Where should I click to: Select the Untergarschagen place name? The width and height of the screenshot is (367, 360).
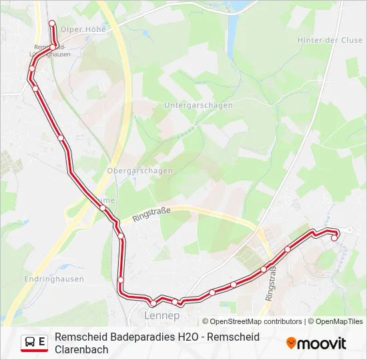(198, 105)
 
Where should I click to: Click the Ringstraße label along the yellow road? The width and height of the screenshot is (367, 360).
(152, 214)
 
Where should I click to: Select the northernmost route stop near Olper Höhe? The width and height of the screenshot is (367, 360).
(52, 23)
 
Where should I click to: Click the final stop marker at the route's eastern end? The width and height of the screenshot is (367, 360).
(334, 237)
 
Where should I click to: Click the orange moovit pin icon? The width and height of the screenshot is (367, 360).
(291, 343)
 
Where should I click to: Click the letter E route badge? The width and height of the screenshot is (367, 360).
(42, 343)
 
